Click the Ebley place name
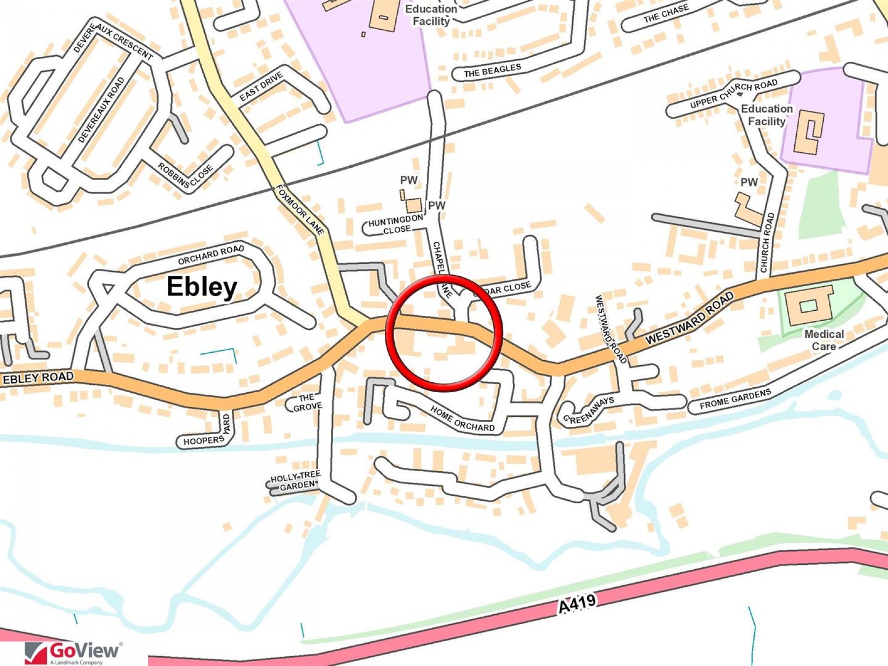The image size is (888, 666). pyautogui.click(x=202, y=287)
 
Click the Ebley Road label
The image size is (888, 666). pyautogui.click(x=38, y=378)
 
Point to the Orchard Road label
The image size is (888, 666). pyautogui.click(x=211, y=255)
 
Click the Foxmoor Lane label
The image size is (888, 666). pyautogui.click(x=300, y=210)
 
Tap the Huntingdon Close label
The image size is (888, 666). pyautogui.click(x=396, y=224)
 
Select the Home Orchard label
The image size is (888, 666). pyautogui.click(x=462, y=419)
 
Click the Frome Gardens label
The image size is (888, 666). pyautogui.click(x=735, y=399)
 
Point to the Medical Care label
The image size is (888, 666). pyautogui.click(x=824, y=340)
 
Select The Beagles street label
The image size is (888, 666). pyautogui.click(x=492, y=71)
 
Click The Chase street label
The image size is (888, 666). pyautogui.click(x=666, y=14)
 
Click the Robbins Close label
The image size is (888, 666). pyautogui.click(x=185, y=175)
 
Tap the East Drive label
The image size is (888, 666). pyautogui.click(x=261, y=86)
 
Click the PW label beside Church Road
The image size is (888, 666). pyautogui.click(x=749, y=182)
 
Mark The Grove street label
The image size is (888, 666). pyautogui.click(x=307, y=403)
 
